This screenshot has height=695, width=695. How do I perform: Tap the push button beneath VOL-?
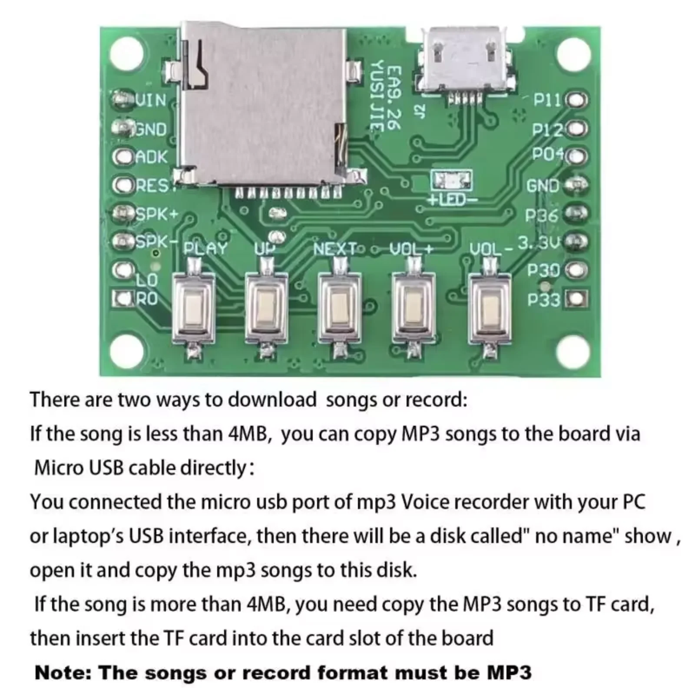pyautogui.click(x=490, y=306)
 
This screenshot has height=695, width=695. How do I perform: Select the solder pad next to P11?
pyautogui.click(x=577, y=100)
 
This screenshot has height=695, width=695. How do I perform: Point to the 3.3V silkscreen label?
pyautogui.click(x=539, y=243)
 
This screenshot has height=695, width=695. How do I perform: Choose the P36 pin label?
pyautogui.click(x=541, y=215)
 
